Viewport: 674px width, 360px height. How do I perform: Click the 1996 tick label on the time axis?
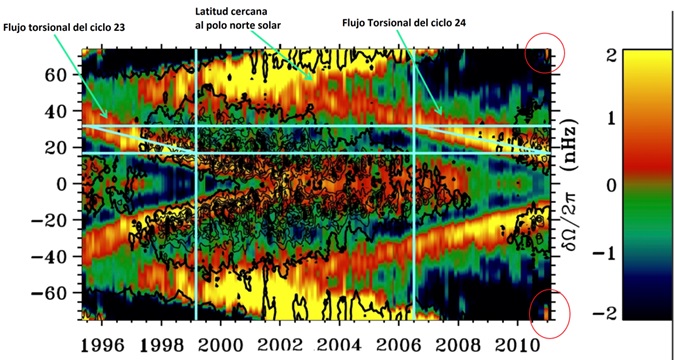click(101, 346)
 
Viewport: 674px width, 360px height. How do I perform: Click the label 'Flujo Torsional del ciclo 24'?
click(404, 23)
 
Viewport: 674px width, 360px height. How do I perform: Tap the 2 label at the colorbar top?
click(606, 55)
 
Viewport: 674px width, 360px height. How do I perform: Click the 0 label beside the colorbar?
click(606, 186)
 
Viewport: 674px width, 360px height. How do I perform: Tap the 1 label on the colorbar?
click(606, 119)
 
